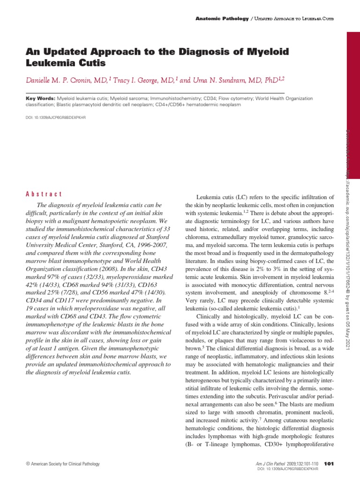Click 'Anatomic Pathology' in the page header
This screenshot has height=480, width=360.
(x=222, y=18)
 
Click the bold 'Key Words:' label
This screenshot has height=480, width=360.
(x=40, y=99)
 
